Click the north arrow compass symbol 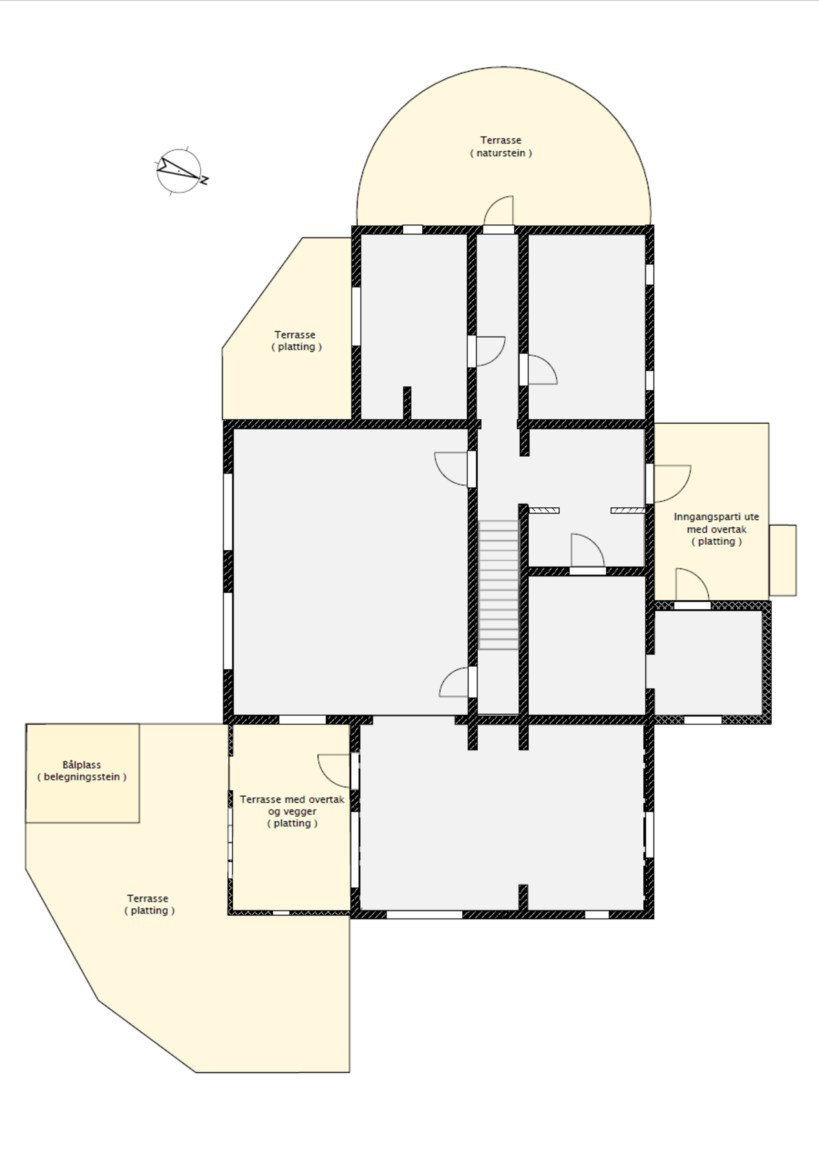(x=180, y=171)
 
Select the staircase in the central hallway (x=498, y=585)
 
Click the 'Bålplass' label (x=82, y=765)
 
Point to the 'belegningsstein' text (x=82, y=777)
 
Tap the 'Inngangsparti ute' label (x=716, y=517)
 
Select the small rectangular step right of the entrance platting (x=782, y=560)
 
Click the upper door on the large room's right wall (x=453, y=468)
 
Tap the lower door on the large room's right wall (x=456, y=682)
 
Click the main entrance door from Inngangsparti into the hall (x=671, y=483)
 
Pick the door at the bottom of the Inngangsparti (x=692, y=585)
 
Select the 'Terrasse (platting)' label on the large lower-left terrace (x=149, y=905)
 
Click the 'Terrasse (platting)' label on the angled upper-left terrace (x=295, y=341)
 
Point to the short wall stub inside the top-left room (x=407, y=403)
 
